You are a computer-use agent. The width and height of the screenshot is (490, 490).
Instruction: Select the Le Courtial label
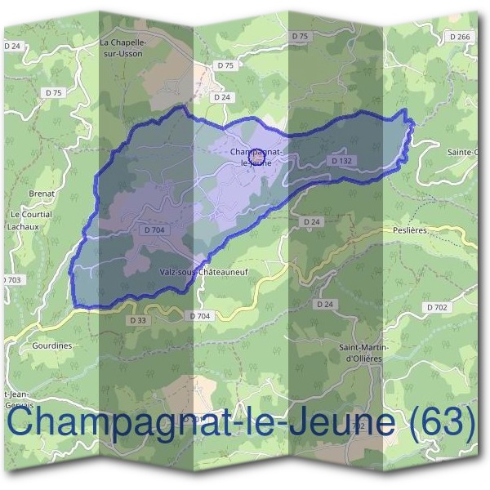pos(30,214)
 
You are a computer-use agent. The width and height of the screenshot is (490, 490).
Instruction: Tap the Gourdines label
pos(52,345)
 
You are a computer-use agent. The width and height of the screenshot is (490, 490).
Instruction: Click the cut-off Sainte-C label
pos(463,153)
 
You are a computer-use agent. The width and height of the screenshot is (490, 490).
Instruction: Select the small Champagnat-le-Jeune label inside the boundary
pos(256,157)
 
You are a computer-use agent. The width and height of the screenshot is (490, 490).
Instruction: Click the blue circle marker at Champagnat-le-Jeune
pos(256,153)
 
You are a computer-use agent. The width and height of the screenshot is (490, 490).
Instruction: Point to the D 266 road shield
pos(461,37)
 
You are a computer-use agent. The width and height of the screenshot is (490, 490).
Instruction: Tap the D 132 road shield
pos(341,161)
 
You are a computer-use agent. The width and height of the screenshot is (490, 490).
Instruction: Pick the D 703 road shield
pos(11,280)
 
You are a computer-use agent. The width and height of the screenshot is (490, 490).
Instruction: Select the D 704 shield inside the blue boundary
pos(154,230)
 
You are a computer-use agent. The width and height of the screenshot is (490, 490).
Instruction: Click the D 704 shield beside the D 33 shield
pos(199,316)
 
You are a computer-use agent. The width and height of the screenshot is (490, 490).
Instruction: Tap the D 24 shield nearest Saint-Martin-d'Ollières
pos(325,305)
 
